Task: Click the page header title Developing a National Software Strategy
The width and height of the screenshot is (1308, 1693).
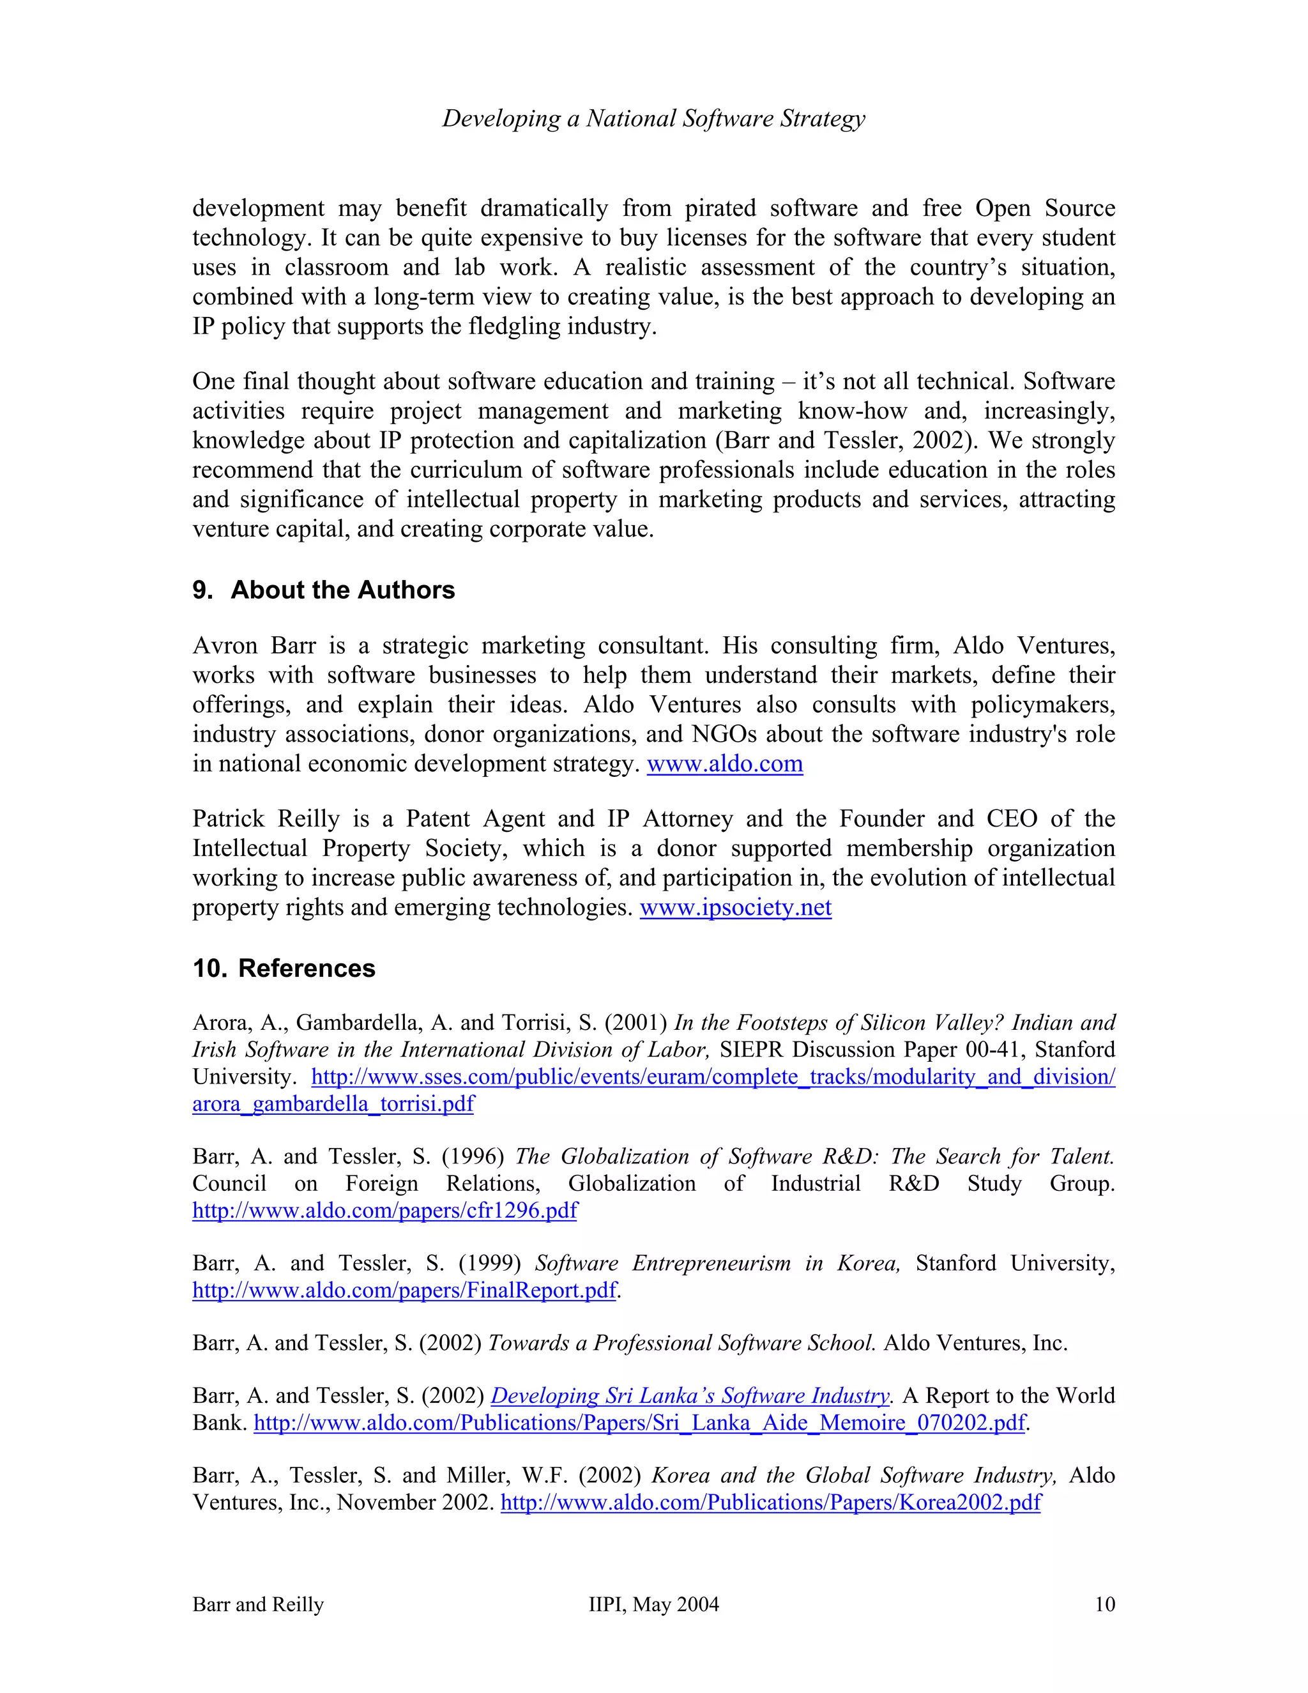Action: click(653, 119)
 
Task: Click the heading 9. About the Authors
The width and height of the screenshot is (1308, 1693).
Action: click(323, 590)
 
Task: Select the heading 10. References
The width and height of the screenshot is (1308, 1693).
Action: click(284, 968)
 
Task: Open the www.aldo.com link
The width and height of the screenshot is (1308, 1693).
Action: click(724, 763)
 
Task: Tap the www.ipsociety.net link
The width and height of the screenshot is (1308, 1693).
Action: click(735, 907)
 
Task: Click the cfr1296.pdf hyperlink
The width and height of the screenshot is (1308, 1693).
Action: click(384, 1211)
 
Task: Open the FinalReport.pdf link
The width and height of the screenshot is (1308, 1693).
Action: click(404, 1290)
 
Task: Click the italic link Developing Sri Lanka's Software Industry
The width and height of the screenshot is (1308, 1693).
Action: click(690, 1395)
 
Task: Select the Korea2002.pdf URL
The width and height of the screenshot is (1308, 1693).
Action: click(770, 1503)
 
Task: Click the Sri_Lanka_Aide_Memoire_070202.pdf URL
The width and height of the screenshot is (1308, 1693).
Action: click(639, 1423)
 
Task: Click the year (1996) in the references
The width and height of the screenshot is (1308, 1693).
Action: click(473, 1156)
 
